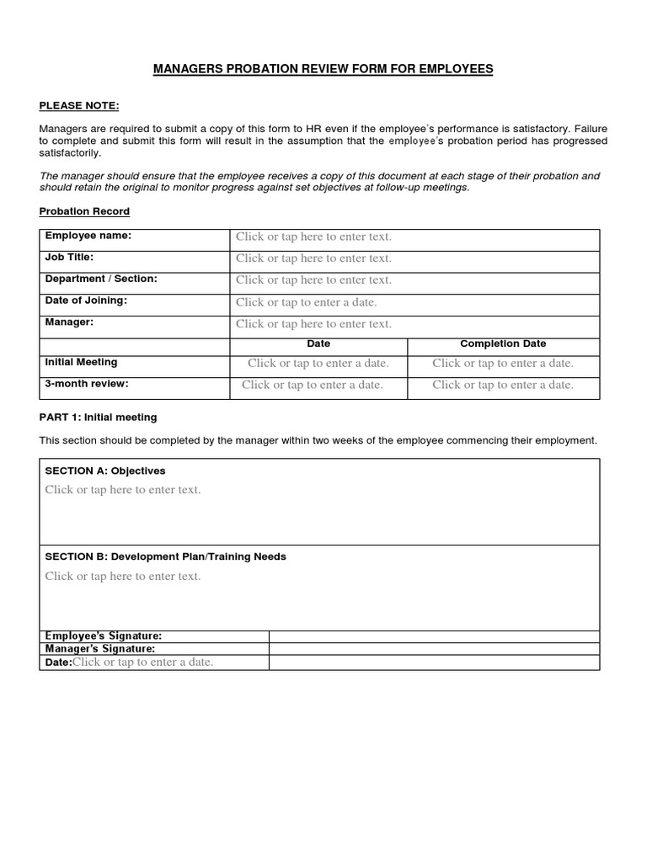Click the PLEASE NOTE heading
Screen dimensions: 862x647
point(79,105)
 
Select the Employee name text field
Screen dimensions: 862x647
point(313,237)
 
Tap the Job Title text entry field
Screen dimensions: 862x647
point(313,258)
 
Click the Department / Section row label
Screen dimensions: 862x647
point(100,279)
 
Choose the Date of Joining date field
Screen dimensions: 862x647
point(307,302)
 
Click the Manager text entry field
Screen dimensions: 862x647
point(313,324)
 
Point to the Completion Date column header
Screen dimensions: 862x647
point(503,343)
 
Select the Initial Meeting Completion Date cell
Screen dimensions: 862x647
point(503,364)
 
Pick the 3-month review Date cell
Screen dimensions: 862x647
point(313,385)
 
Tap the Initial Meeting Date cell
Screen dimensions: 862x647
point(318,364)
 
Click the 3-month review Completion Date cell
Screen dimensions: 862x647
point(503,385)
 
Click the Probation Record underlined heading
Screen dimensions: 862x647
point(84,211)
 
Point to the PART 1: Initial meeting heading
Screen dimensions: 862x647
point(98,418)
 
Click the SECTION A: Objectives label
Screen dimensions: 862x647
point(104,471)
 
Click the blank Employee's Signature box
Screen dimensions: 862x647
point(434,636)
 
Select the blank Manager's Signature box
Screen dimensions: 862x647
point(434,649)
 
